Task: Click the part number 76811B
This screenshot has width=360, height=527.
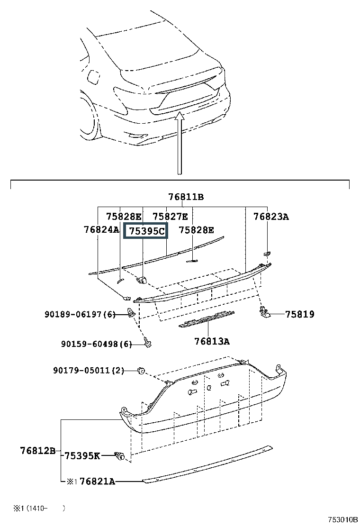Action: [x=186, y=197]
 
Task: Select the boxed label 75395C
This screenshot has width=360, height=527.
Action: [x=146, y=231]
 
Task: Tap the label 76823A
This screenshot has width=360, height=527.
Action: [x=270, y=217]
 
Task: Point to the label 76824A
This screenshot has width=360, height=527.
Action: [x=101, y=229]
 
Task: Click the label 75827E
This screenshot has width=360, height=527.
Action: [x=170, y=217]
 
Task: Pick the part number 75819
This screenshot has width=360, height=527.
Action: [x=300, y=314]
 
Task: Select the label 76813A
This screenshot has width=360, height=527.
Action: [x=212, y=342]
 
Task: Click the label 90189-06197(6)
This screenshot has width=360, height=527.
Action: [x=80, y=314]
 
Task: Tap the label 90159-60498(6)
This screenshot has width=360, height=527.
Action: [x=96, y=344]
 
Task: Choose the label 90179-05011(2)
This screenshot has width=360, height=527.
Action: [x=89, y=371]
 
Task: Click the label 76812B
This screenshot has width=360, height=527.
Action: [x=38, y=450]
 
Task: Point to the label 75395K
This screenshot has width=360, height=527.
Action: [x=82, y=456]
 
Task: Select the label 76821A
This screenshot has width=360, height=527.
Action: [x=98, y=482]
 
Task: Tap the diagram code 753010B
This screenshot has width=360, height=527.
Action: [x=343, y=519]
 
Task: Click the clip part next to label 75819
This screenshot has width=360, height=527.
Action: [x=265, y=313]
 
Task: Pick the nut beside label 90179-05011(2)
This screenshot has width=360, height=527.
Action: [x=141, y=371]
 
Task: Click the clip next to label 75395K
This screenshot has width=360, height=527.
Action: [x=119, y=456]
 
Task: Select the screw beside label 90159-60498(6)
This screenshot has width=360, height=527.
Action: [x=147, y=342]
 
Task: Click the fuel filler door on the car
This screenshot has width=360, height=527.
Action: [x=93, y=77]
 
